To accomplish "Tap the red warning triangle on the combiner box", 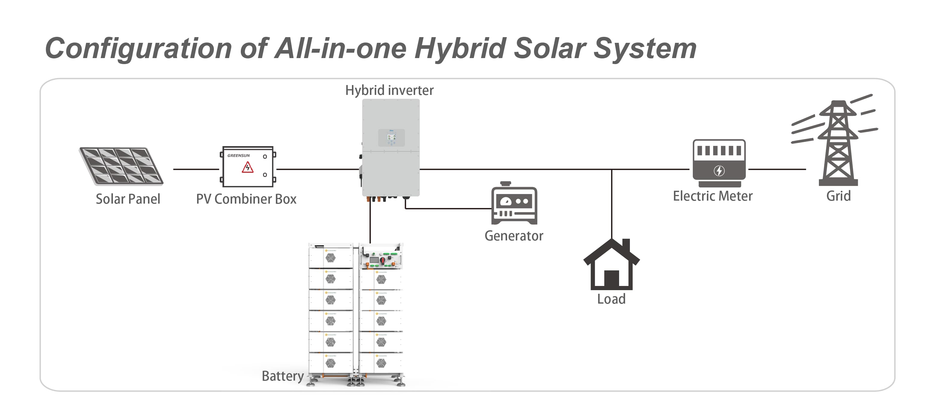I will coord(248,167).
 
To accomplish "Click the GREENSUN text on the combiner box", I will coord(238,155).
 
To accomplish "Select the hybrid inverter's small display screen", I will coord(391,137).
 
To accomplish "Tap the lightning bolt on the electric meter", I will coord(719,171).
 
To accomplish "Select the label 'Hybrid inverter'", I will coord(389,90).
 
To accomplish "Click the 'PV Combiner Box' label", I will coord(246,199).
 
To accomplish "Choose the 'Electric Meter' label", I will coord(713,196).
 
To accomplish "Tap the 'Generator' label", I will coord(514,236).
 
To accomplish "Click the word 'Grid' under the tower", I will coord(838,196).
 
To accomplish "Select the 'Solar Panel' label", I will coord(128,199).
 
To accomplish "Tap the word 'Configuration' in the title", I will coord(138,48).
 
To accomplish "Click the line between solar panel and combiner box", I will coord(196,169).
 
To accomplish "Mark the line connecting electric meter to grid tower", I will coord(777,169).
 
